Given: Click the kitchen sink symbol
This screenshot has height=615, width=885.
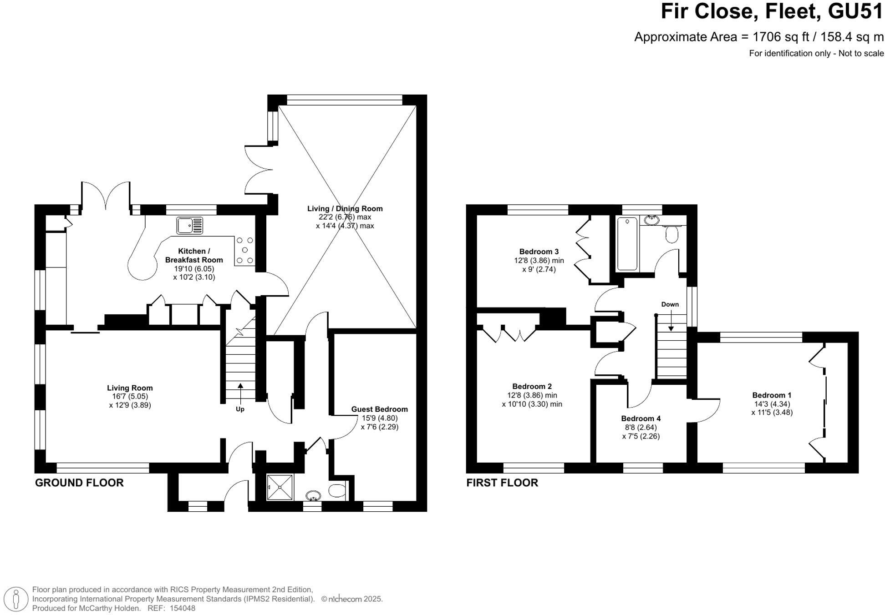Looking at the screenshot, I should (189, 226).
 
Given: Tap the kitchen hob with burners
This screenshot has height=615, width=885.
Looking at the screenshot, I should (244, 251).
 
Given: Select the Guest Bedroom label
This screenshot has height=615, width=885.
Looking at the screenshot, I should (379, 409).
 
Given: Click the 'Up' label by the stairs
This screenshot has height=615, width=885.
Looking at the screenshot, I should (240, 409).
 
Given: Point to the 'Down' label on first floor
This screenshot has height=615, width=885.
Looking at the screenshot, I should (670, 304).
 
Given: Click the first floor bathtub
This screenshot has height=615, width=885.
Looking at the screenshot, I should (627, 244).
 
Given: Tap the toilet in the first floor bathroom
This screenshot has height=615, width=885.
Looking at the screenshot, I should (671, 234).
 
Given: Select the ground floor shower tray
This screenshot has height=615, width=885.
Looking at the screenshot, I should (279, 488).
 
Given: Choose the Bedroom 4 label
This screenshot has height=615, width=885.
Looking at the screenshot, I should (641, 418).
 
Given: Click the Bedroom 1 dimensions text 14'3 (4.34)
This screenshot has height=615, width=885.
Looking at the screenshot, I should (771, 404).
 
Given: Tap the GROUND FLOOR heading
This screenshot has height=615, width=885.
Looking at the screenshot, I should (79, 483).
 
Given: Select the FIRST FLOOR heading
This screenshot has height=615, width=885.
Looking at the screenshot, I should (502, 483).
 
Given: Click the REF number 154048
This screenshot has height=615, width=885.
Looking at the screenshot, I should (182, 609).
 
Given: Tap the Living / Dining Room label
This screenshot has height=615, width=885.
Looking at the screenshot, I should (345, 209).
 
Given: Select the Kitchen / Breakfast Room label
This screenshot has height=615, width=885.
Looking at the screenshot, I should (194, 256).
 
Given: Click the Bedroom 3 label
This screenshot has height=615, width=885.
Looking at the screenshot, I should (539, 252).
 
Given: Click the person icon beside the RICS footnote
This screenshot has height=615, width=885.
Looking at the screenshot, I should (16, 599).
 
